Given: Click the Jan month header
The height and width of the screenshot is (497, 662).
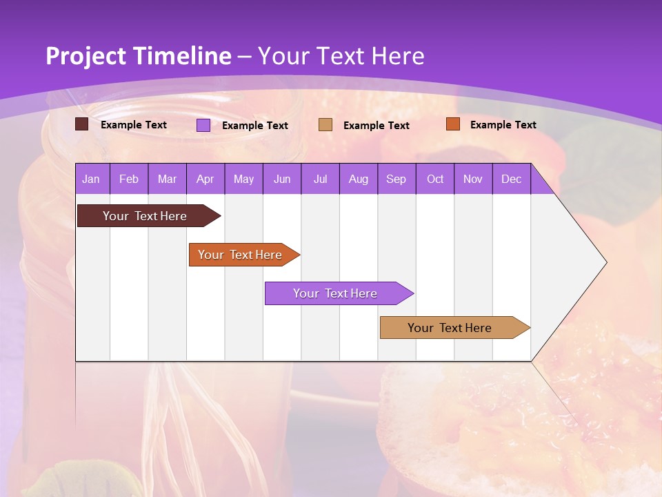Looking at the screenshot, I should (91, 179).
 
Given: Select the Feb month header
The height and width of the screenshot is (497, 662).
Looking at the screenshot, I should (129, 179).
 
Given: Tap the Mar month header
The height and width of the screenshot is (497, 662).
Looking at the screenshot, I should (167, 179).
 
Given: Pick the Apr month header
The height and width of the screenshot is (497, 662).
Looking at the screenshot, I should (205, 179).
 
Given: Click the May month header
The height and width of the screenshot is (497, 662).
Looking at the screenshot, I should (243, 179).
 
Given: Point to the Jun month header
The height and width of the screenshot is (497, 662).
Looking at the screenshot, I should (282, 179).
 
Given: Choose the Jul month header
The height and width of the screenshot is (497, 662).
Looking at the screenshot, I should (320, 179).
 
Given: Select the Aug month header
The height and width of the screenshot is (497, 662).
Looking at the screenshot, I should (358, 179).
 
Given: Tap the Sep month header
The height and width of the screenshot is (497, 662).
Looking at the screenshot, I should (396, 179).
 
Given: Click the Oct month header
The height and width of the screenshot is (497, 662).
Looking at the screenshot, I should (435, 179).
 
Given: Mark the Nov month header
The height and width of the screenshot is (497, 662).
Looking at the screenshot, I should (473, 179).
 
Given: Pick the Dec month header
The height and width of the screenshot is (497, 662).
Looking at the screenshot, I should (511, 179).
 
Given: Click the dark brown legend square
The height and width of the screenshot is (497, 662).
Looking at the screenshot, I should (81, 124).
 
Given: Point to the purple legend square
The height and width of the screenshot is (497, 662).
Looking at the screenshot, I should (203, 125).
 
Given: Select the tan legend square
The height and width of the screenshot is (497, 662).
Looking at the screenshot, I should (325, 125).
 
